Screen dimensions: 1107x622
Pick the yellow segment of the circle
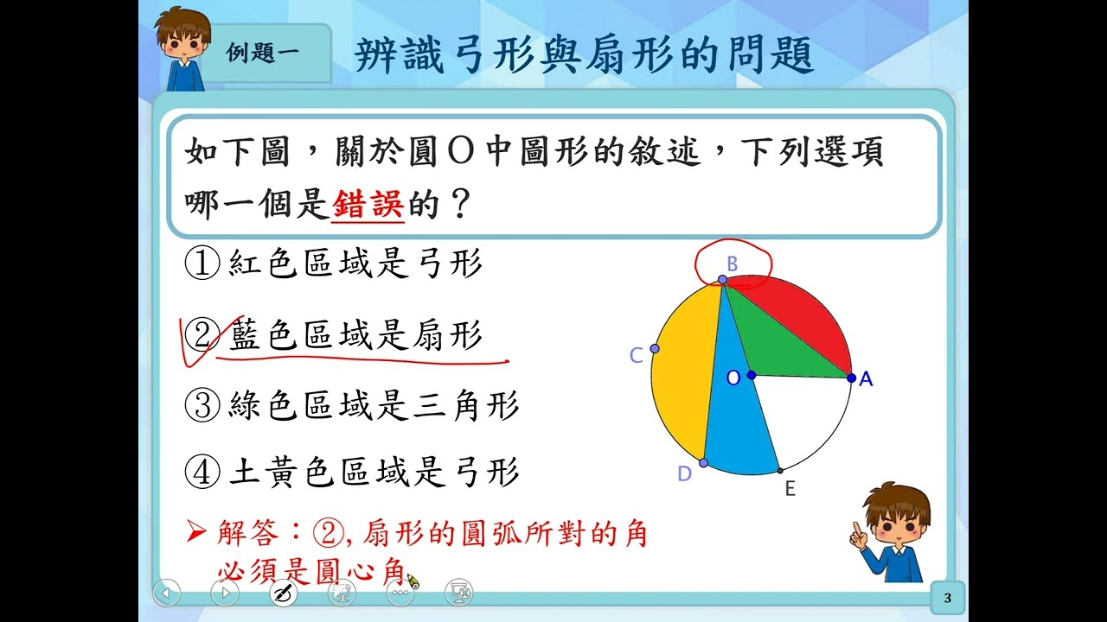684,371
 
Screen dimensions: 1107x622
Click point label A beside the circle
866,379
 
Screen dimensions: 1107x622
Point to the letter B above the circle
732,264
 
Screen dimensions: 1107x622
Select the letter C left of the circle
636,355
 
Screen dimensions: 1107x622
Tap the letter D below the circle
684,474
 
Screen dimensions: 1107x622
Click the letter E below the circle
790,489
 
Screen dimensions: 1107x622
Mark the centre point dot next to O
752,376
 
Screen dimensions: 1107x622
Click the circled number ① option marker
202,263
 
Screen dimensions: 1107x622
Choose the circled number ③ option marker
202,405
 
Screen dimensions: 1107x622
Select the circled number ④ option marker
202,472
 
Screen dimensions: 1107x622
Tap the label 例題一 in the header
262,53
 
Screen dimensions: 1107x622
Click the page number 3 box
947,598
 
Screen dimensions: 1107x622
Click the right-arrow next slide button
225,593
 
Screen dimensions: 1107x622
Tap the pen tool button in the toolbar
284,593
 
